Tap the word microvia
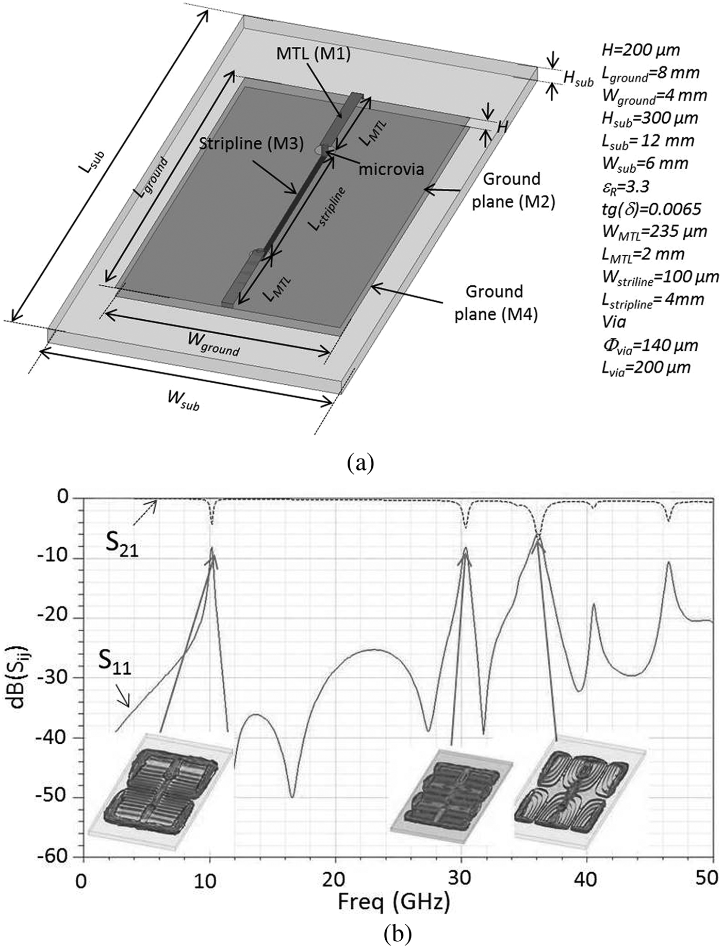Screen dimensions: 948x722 pos(391,169)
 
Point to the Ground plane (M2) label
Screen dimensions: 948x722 pos(513,190)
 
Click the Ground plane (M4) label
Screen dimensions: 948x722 pos(496,303)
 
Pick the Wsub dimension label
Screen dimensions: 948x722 pos(183,400)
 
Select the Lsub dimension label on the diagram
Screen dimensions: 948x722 pos(97,161)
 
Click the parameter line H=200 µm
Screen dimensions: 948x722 pos(641,50)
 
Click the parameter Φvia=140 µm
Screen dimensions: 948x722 pos(650,345)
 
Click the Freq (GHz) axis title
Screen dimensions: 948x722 pos(393,902)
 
